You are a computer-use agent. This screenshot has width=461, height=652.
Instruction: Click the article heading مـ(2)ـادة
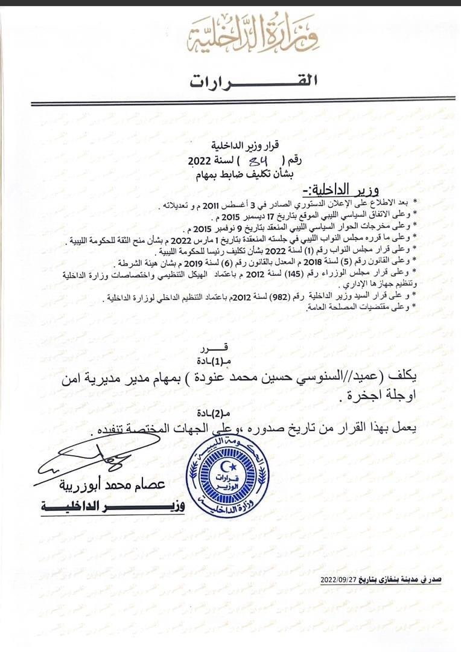pos(215,414)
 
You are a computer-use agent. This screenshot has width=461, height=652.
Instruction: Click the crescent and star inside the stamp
pos(227,466)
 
